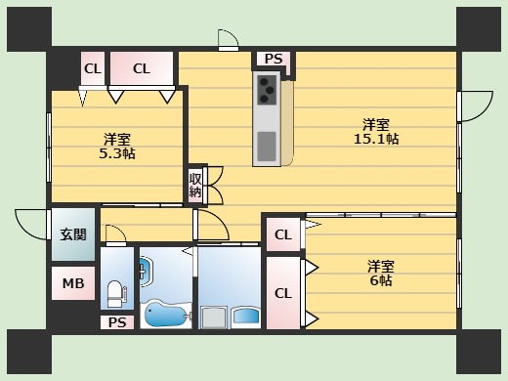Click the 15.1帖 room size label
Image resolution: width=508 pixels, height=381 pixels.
click(x=375, y=139)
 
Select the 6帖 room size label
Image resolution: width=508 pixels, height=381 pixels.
click(x=380, y=280)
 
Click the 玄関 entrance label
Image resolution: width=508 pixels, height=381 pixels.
click(x=72, y=233)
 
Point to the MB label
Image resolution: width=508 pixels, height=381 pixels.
click(x=73, y=284)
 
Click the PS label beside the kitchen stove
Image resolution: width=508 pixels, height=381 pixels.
click(x=274, y=60)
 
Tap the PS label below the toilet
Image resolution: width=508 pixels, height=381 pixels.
click(x=116, y=322)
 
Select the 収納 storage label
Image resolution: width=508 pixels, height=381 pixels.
click(x=195, y=185)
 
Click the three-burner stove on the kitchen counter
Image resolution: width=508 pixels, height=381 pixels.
click(x=268, y=91)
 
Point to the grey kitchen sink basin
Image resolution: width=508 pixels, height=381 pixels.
click(x=267, y=145)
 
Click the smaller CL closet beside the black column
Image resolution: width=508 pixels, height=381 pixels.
click(x=93, y=68)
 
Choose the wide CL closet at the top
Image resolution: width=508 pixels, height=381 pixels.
click(x=142, y=68)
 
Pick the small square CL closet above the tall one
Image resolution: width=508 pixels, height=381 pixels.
click(x=282, y=234)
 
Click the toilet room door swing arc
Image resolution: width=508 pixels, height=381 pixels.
click(x=115, y=235)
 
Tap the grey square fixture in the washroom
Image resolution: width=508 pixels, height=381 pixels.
click(x=214, y=316)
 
